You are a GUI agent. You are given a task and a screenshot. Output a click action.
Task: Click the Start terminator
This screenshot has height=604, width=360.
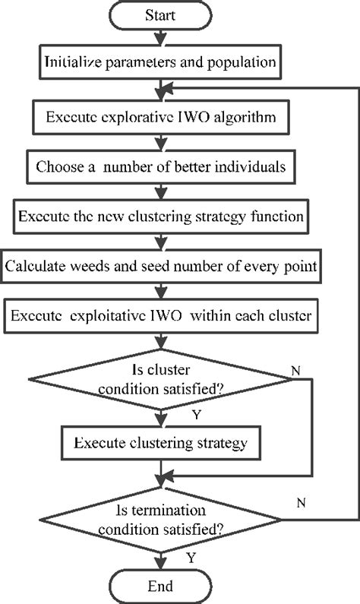pos(159,14)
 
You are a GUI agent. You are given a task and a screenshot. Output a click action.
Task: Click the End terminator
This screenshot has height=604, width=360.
pos(159,586)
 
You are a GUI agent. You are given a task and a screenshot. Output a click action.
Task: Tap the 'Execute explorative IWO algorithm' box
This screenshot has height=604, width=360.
pos(159,119)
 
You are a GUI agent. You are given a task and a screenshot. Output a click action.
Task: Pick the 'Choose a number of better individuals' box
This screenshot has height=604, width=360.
pos(159,167)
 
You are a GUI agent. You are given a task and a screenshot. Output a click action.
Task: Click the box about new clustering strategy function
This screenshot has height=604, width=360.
pos(159,216)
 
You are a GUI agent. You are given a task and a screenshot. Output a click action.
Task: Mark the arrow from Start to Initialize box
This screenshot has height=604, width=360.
pos(159,37)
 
